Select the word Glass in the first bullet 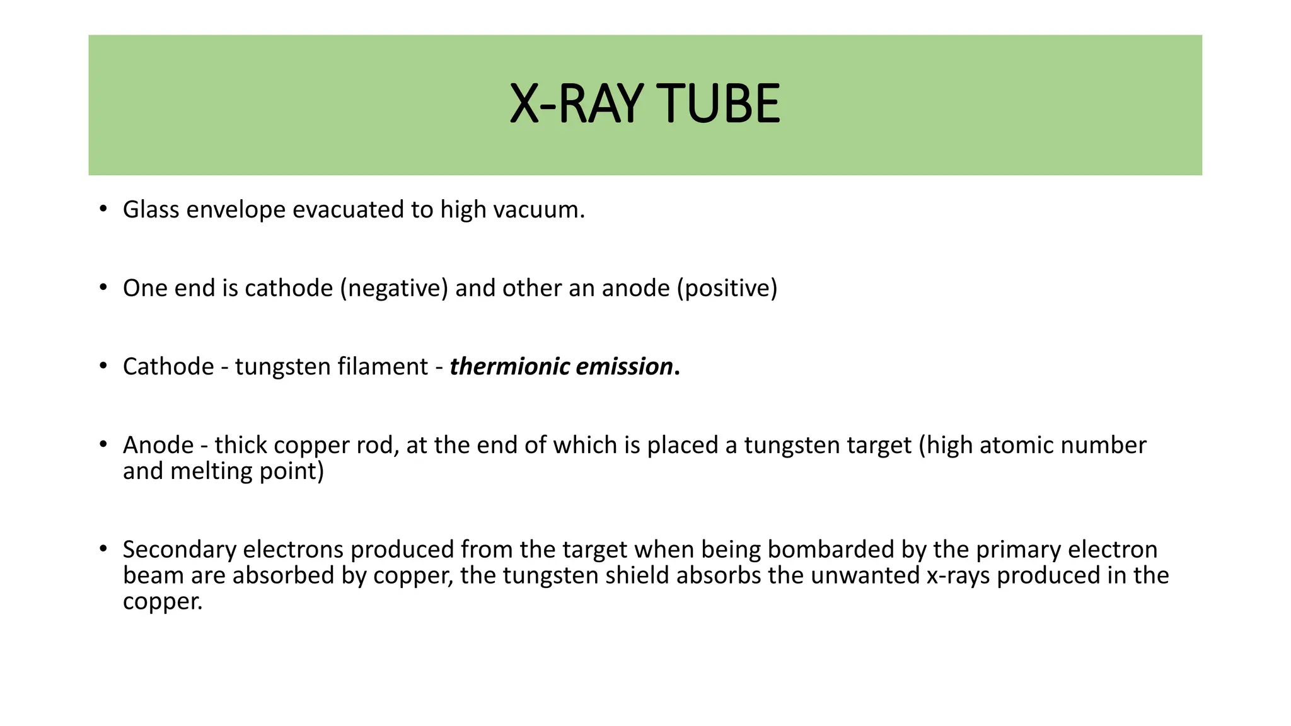point(151,210)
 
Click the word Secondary point(179,550)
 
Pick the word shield point(637,575)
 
